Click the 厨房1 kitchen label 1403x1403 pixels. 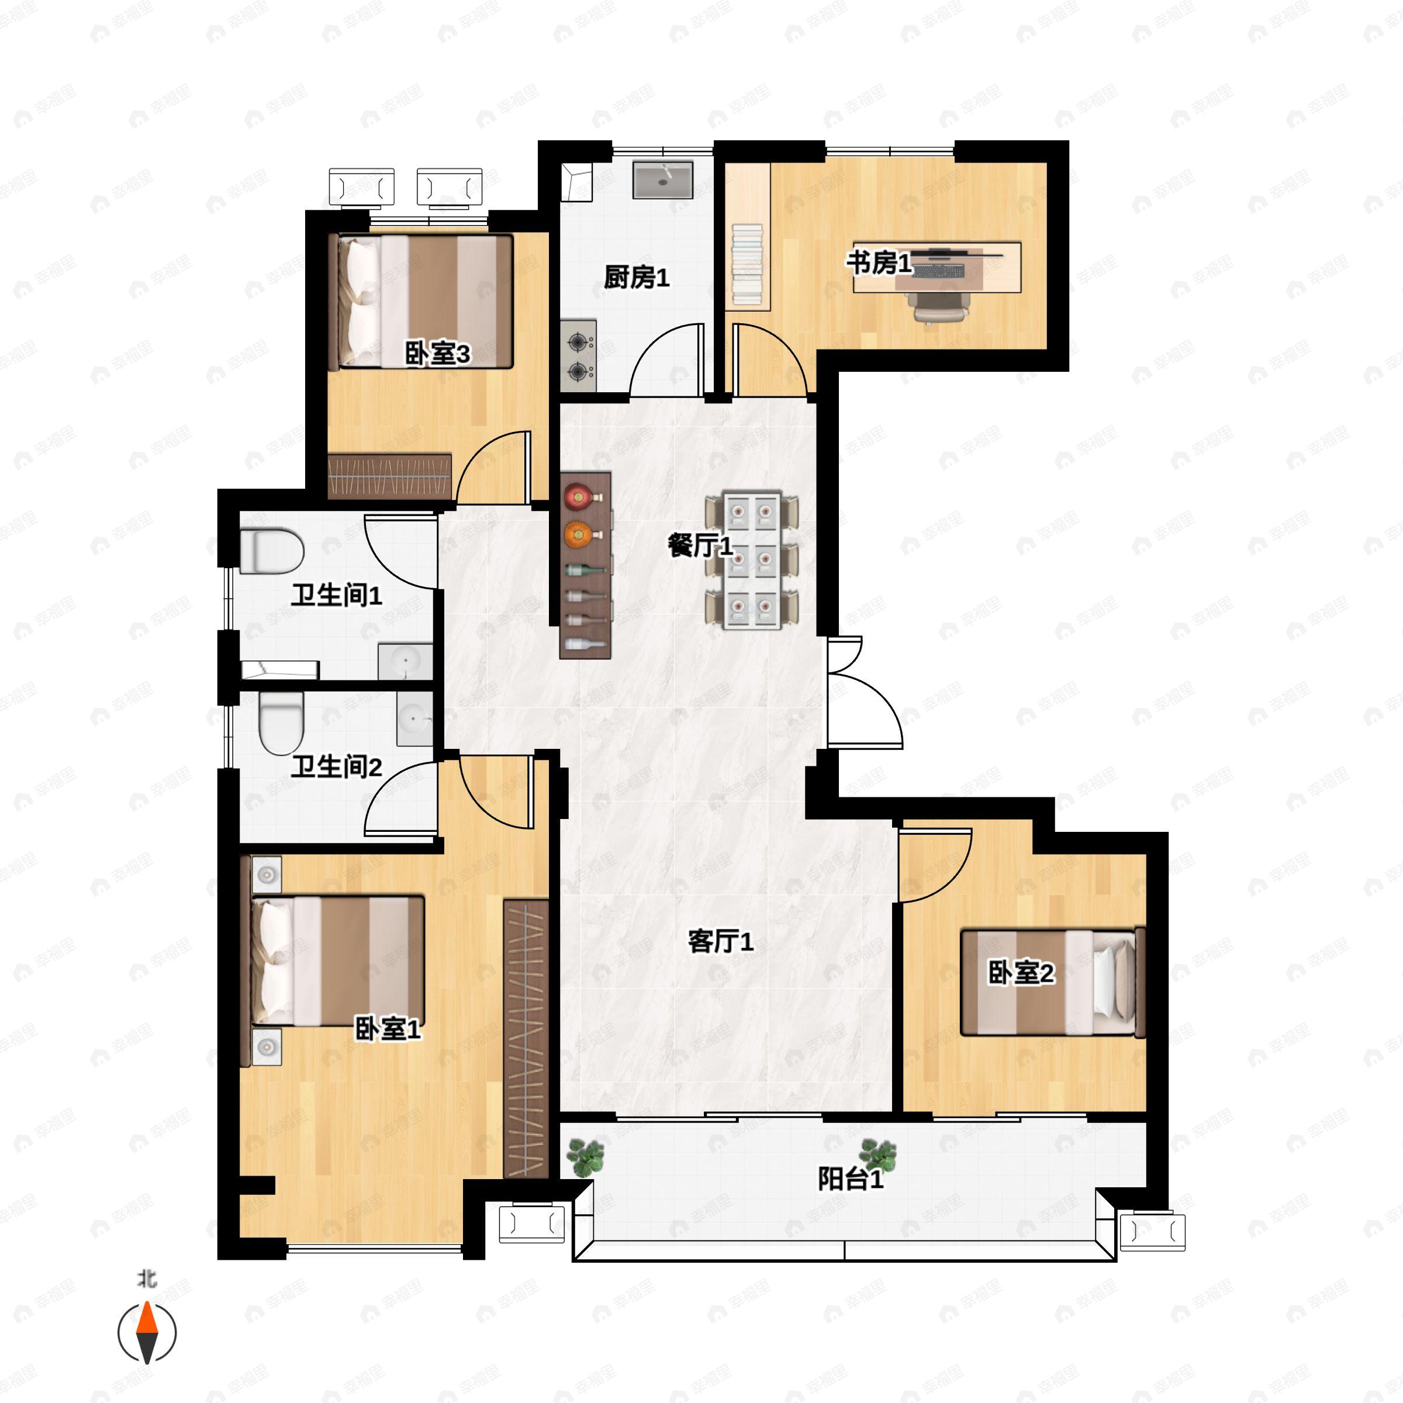(x=636, y=278)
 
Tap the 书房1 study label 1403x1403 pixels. (x=879, y=263)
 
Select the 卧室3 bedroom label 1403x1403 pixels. (x=437, y=354)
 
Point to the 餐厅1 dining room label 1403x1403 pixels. (x=700, y=545)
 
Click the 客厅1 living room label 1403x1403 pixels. (x=720, y=942)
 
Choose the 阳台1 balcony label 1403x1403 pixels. (x=851, y=1179)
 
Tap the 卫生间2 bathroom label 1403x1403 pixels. (x=336, y=767)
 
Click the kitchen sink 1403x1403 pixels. (x=663, y=180)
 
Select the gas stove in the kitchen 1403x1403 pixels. (x=578, y=356)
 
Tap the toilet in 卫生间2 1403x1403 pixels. (x=281, y=723)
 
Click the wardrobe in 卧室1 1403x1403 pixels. (x=525, y=1038)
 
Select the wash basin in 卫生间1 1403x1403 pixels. (x=405, y=662)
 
